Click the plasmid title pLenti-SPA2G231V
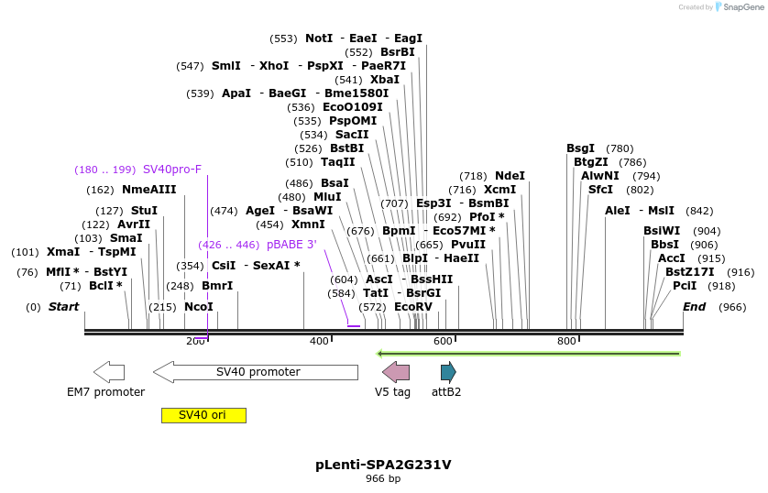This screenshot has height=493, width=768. click(x=383, y=465)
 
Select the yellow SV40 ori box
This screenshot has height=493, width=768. click(x=203, y=415)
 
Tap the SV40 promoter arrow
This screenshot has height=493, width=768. click(x=256, y=372)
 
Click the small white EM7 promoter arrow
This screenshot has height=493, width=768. click(x=109, y=372)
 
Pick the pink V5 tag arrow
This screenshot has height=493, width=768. click(x=396, y=372)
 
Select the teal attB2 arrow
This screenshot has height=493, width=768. click(x=448, y=372)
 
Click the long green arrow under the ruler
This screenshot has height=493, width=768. click(x=529, y=353)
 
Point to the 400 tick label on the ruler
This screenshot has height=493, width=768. click(x=319, y=341)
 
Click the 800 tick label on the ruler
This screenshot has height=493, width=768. click(x=566, y=341)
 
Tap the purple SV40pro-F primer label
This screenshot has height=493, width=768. click(x=172, y=170)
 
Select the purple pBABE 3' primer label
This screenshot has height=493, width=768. click(x=291, y=245)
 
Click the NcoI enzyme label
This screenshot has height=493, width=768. click(x=199, y=307)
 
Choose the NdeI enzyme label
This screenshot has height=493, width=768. click(x=510, y=176)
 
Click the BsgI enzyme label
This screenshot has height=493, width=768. click(x=580, y=148)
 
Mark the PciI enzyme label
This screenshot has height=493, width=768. click(x=685, y=286)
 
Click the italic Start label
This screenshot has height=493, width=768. click(x=63, y=307)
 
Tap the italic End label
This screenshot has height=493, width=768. click(x=694, y=307)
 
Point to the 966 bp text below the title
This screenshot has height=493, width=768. click(x=383, y=479)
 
